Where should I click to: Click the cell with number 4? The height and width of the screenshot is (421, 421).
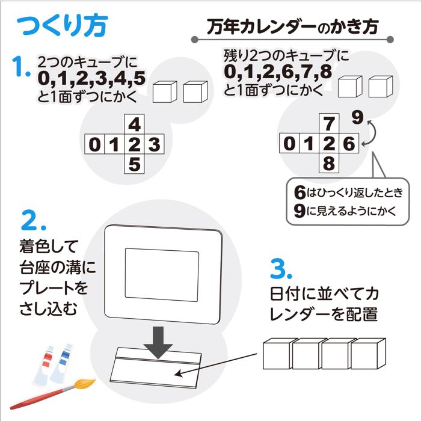click(x=135, y=124)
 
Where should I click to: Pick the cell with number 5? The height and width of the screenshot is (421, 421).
click(x=135, y=164)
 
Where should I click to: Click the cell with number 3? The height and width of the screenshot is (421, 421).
click(x=155, y=144)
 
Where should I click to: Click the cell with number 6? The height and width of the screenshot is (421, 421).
click(x=348, y=144)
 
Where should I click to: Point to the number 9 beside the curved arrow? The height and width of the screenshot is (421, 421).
click(x=357, y=116)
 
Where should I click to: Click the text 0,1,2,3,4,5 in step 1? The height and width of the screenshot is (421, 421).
click(x=91, y=78)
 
